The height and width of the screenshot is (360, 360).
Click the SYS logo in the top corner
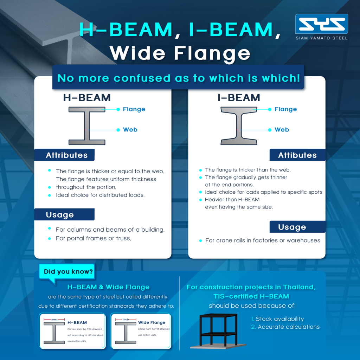321,24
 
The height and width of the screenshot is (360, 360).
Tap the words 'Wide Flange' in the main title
180,53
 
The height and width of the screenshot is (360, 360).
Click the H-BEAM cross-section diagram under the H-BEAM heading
86,126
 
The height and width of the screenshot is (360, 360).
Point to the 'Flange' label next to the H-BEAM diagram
134,109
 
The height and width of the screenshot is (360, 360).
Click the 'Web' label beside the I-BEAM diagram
282,130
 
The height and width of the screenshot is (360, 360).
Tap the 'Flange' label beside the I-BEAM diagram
285,109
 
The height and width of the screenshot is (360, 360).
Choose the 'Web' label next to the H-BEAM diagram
130,130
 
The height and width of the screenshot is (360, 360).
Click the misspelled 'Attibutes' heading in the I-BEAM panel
297,155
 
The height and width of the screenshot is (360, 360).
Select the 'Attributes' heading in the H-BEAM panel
66,155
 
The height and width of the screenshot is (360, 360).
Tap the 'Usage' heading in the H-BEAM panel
60,214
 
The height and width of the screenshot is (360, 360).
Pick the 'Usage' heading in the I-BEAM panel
292,227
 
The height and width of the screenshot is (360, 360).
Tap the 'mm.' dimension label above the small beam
54,320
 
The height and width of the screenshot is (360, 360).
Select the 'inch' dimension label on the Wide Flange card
125,320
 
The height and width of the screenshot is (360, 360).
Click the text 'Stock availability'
279,319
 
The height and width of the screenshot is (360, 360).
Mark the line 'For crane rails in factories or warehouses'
263,240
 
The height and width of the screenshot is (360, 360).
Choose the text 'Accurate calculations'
289,327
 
